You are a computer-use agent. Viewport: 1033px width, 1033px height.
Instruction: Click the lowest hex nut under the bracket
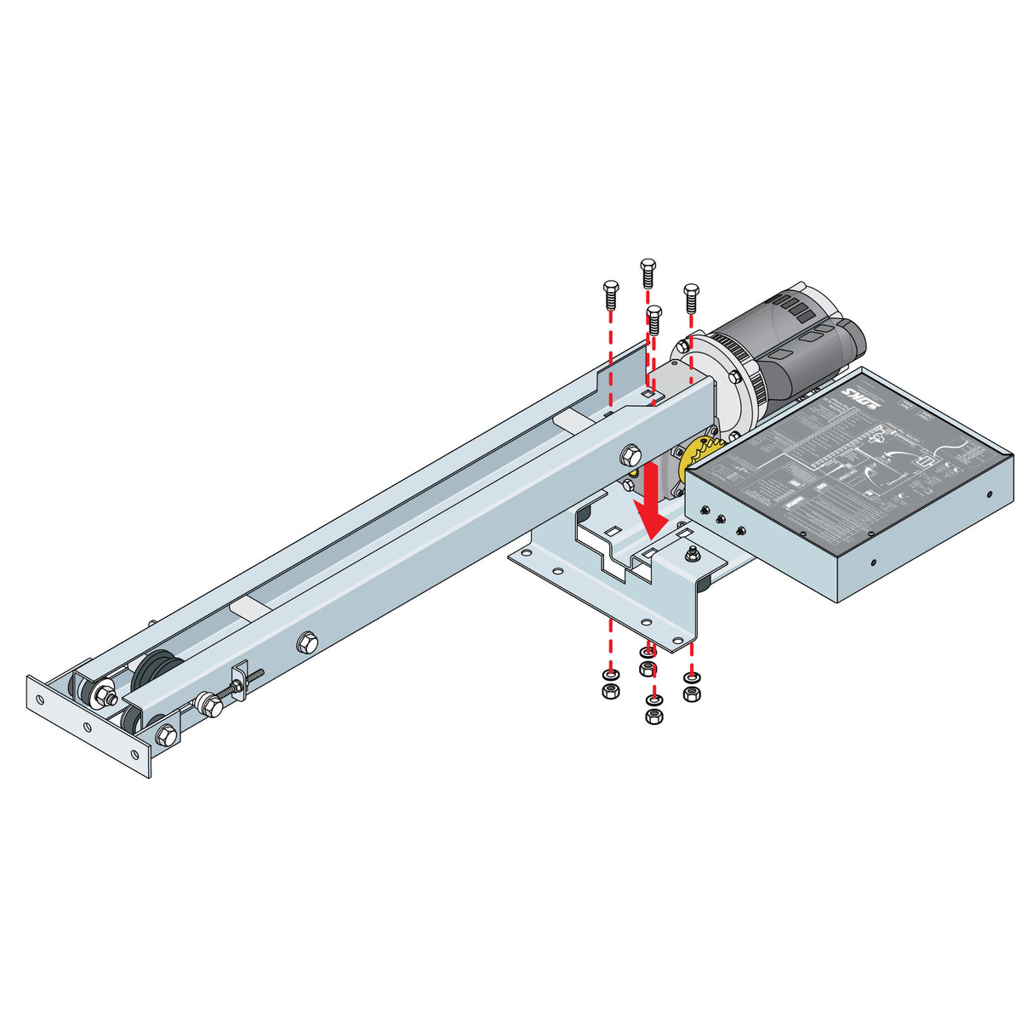pyautogui.click(x=653, y=717)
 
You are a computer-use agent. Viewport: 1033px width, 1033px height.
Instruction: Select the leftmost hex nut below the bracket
pyautogui.click(x=609, y=692)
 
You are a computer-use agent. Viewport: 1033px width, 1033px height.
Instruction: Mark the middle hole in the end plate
pyautogui.click(x=86, y=726)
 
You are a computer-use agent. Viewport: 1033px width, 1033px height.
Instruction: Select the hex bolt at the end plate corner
pyautogui.click(x=167, y=733)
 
